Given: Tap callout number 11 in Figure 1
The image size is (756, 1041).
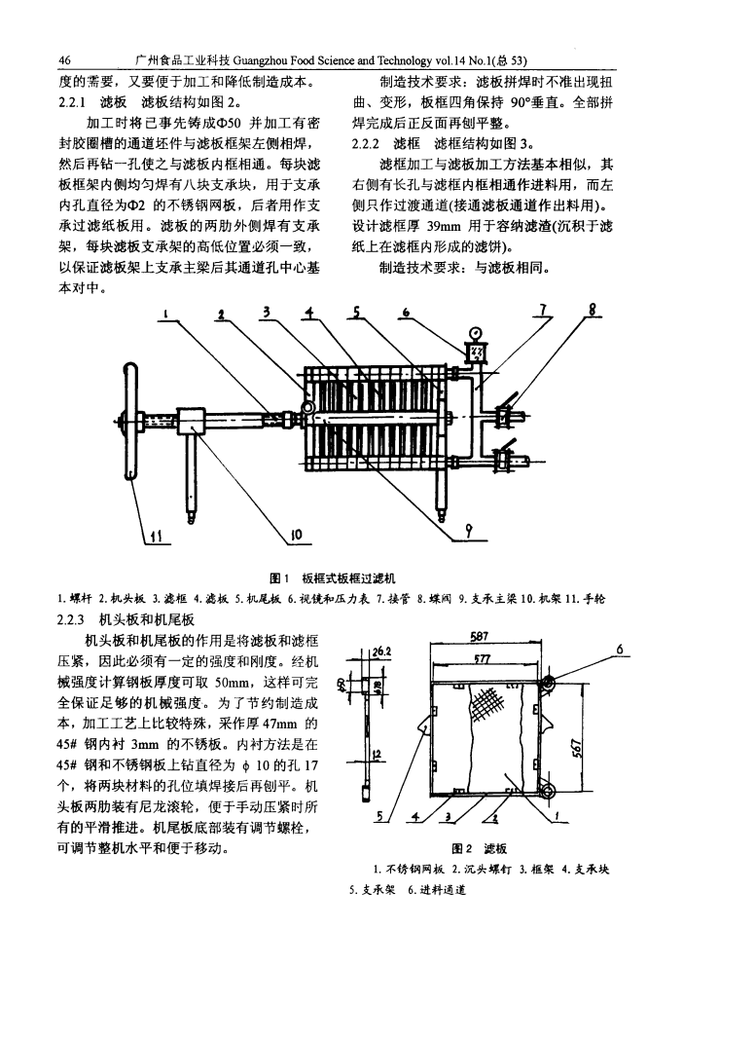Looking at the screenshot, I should coord(156,535).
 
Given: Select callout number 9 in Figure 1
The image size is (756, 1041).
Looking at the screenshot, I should coord(469,532).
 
